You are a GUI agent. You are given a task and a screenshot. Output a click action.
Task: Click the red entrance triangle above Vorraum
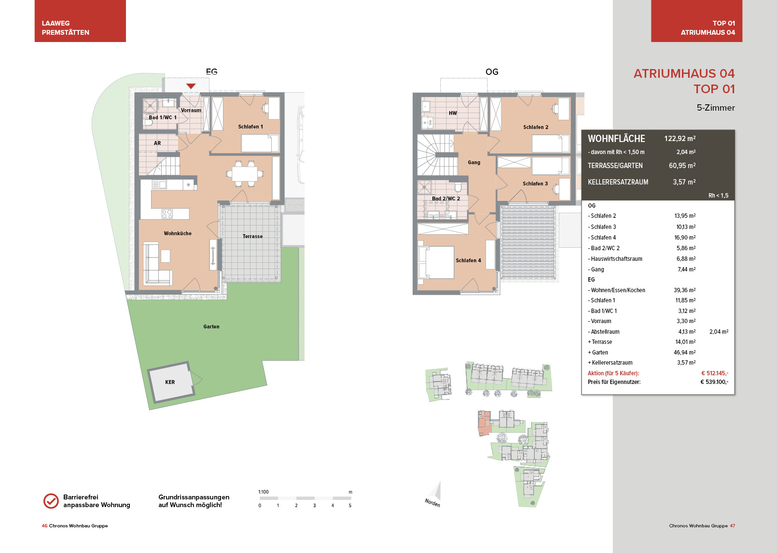click(191, 86)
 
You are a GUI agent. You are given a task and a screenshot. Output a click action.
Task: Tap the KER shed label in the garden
click(170, 382)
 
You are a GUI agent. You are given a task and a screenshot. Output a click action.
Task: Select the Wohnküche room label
click(178, 233)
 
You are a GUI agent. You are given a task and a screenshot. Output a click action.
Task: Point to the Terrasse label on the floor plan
click(252, 236)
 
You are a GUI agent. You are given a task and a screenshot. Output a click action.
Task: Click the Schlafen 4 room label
click(468, 260)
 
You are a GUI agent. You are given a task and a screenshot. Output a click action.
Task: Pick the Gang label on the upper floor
click(474, 162)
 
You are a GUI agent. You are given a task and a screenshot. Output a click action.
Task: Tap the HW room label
click(453, 113)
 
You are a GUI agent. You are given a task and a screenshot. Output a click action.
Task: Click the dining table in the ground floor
click(245, 173)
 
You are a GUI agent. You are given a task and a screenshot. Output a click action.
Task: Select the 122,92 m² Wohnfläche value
click(680, 139)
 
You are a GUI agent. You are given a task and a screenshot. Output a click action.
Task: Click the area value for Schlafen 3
click(686, 227)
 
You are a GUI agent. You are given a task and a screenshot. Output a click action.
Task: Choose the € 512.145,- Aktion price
click(715, 373)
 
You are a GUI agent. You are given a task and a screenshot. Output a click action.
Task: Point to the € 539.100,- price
click(714, 382)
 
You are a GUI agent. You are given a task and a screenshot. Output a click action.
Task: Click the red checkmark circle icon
click(51, 501)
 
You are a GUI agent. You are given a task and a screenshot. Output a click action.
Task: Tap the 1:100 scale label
click(264, 492)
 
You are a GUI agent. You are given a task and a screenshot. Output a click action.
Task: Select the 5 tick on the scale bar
click(350, 506)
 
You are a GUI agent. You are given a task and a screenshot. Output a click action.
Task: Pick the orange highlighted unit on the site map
click(484, 423)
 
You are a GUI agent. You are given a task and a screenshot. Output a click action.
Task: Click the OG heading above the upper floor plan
click(492, 72)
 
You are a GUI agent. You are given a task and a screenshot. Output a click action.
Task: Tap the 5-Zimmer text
click(716, 108)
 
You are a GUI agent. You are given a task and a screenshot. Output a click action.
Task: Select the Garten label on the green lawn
click(211, 326)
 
